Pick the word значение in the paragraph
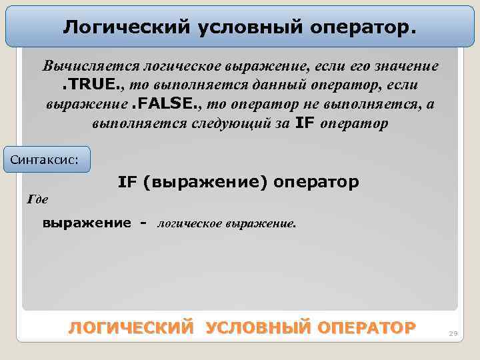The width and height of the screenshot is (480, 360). point(404,67)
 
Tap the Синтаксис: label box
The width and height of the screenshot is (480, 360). point(47,159)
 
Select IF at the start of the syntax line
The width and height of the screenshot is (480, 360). point(127,181)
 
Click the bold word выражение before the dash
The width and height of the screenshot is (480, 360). point(87,223)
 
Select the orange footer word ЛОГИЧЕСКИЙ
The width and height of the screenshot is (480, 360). point(131,328)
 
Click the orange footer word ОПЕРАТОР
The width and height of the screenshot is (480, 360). point(367,328)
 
